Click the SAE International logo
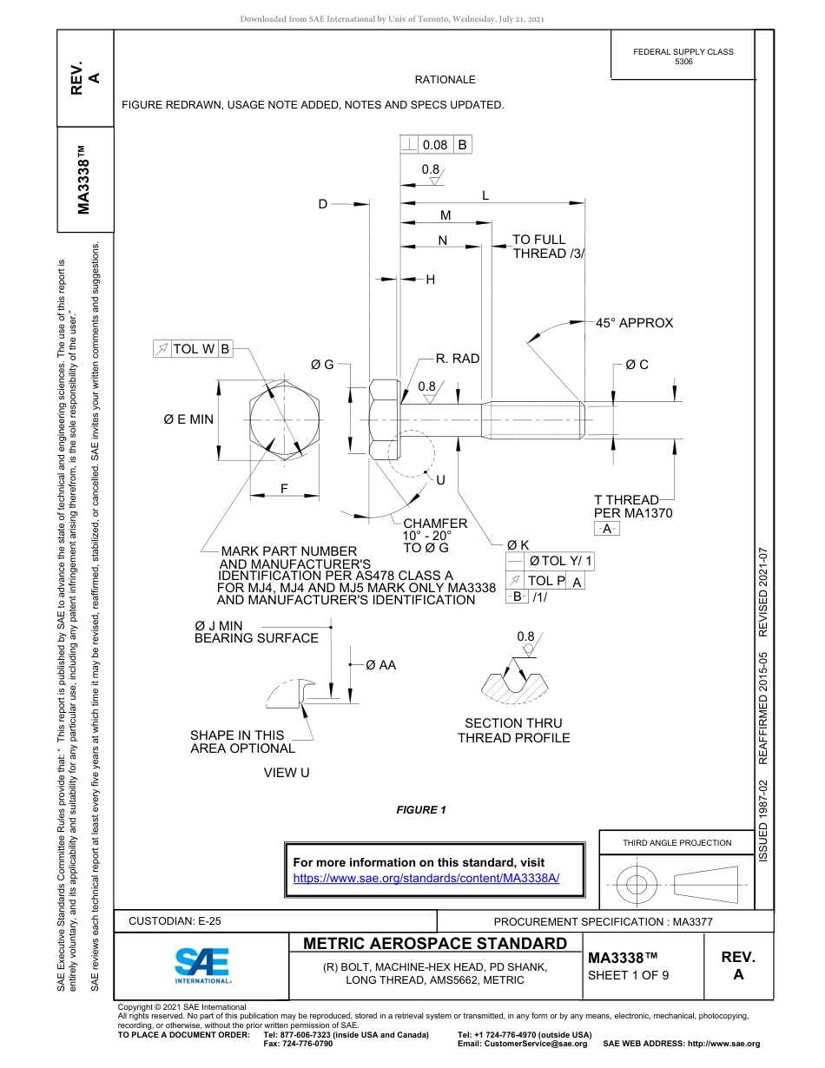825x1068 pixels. point(202,962)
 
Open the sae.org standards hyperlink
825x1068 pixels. point(426,878)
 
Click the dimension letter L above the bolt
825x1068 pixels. point(485,196)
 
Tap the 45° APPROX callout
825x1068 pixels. point(634,323)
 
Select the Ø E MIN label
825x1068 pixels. point(188,419)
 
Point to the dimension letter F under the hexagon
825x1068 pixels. point(284,488)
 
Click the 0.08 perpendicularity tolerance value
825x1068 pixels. point(434,145)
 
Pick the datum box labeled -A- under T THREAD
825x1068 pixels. point(606,529)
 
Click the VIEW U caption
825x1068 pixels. point(287,773)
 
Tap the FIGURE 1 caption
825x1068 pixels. point(421,810)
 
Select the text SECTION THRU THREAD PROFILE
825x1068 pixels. point(513,730)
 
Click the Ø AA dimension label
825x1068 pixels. point(380,665)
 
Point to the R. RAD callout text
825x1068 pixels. point(457,358)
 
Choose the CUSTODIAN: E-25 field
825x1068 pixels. point(181,921)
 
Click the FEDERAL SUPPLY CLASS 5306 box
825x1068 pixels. point(683,56)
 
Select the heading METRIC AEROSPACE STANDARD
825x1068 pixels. point(435,944)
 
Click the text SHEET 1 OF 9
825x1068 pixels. point(629,974)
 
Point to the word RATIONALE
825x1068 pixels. point(445,80)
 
